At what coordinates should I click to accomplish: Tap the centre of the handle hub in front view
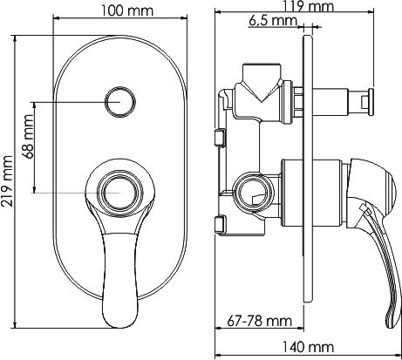coord(114,191)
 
